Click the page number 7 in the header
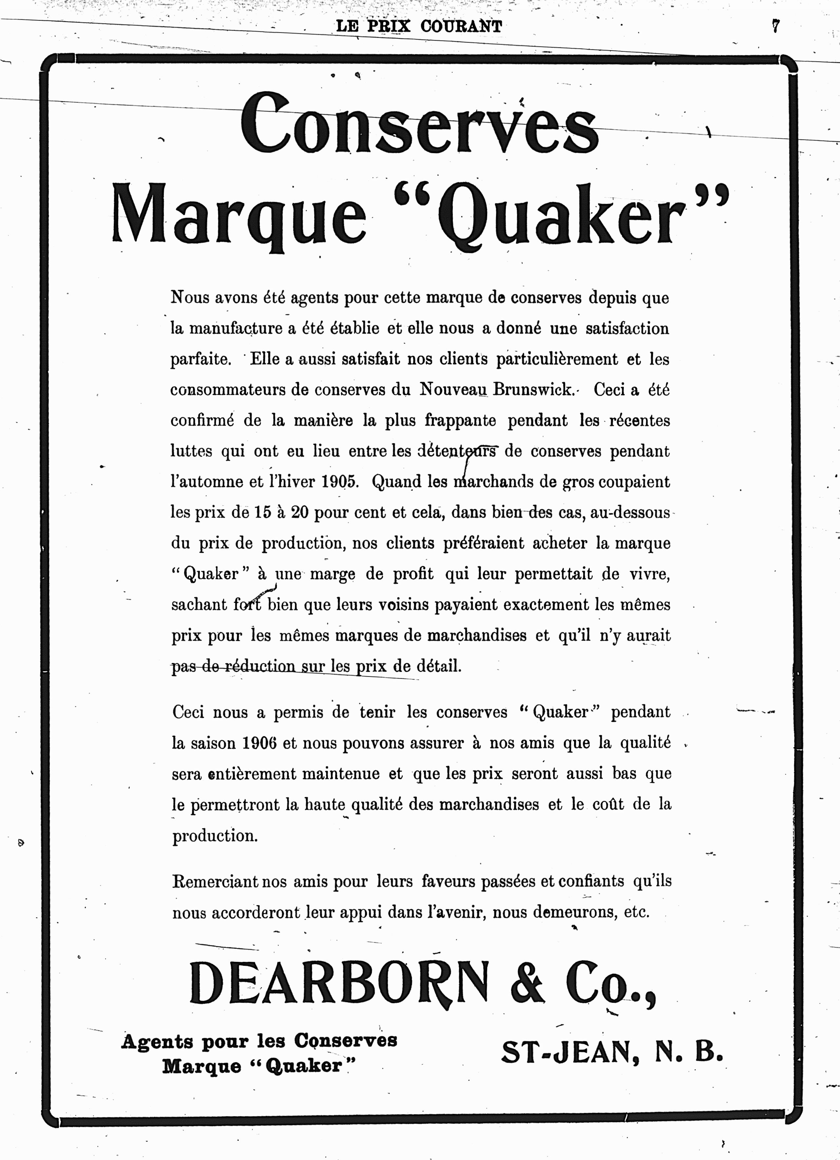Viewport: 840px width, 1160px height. [775, 26]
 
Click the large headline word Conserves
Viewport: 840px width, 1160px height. [419, 123]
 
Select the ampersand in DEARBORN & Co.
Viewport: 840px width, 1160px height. [527, 982]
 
